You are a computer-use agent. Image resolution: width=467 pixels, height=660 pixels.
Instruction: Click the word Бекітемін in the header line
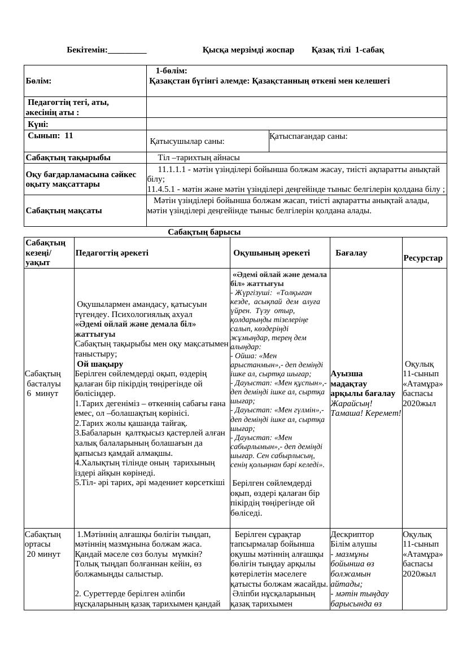87,50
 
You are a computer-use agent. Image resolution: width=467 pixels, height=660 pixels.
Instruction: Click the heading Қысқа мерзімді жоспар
248,50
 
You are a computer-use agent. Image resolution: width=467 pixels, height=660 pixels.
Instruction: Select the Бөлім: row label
38,81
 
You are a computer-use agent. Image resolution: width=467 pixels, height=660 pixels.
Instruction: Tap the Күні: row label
38,124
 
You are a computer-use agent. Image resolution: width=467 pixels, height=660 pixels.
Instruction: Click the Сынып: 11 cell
50,136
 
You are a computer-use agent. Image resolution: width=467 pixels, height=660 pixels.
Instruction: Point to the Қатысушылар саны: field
187,142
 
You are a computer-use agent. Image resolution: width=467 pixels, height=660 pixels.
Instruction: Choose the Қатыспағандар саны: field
308,137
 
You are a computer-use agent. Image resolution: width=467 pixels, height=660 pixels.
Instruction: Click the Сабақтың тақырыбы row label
68,157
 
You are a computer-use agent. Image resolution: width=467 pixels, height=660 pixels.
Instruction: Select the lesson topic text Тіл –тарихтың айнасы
199,157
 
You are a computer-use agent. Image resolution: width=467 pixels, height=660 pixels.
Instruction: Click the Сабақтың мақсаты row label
64,210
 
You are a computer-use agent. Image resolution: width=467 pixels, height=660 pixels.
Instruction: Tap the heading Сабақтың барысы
204,232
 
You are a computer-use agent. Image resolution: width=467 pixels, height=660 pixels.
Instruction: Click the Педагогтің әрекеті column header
112,253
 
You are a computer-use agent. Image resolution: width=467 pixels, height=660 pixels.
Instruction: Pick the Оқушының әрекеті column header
272,253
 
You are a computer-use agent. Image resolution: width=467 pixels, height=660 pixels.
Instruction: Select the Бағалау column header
351,253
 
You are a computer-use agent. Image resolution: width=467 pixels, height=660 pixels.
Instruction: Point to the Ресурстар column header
423,258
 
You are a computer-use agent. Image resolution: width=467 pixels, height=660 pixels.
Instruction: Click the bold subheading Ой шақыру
100,364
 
